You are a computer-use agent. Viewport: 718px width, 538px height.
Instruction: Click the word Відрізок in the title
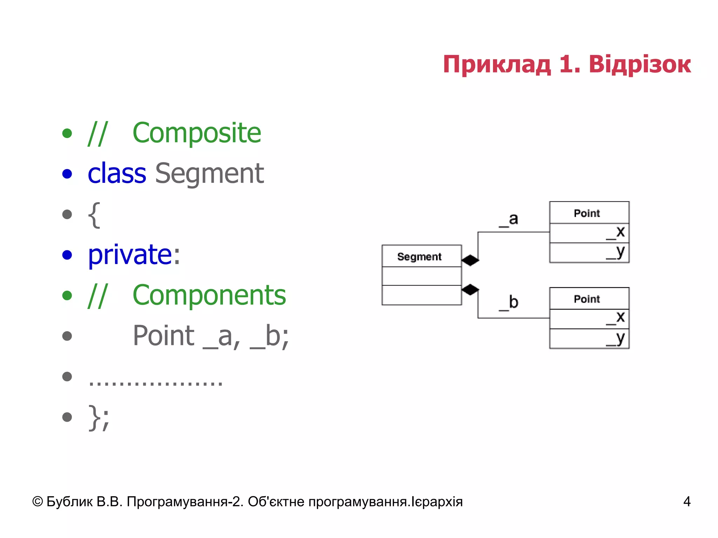coord(639,65)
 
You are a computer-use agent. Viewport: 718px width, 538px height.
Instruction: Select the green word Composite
coord(197,133)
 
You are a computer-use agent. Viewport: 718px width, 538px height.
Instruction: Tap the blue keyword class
coord(117,174)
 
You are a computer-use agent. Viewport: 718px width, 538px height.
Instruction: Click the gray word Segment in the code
coord(209,174)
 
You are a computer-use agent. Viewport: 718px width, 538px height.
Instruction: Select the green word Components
coord(209,295)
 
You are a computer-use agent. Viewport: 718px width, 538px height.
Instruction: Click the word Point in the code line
coord(163,336)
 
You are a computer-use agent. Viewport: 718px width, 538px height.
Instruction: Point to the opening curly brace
coord(94,215)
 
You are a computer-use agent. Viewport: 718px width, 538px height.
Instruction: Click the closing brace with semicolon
coord(99,418)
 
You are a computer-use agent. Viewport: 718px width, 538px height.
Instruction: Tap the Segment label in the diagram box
coord(419,257)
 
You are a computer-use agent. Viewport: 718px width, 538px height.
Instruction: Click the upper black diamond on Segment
coord(470,260)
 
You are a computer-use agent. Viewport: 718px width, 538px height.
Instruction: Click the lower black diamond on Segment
coord(470,290)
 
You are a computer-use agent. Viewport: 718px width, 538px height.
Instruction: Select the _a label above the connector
coord(509,220)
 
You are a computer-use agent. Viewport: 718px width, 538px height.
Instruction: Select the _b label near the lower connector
coord(509,303)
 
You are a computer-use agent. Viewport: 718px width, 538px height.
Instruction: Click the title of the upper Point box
coord(587,213)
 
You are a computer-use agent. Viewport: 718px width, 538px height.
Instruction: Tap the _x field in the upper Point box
coord(616,232)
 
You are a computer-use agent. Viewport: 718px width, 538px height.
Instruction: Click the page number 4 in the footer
coord(686,502)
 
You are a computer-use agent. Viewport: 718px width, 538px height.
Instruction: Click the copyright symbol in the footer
coord(38,502)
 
